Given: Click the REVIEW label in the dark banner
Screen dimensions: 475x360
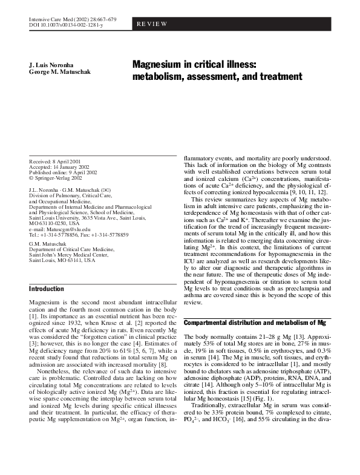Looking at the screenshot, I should coord(153,24).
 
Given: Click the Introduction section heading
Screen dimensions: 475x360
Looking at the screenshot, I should coord(47,289).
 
